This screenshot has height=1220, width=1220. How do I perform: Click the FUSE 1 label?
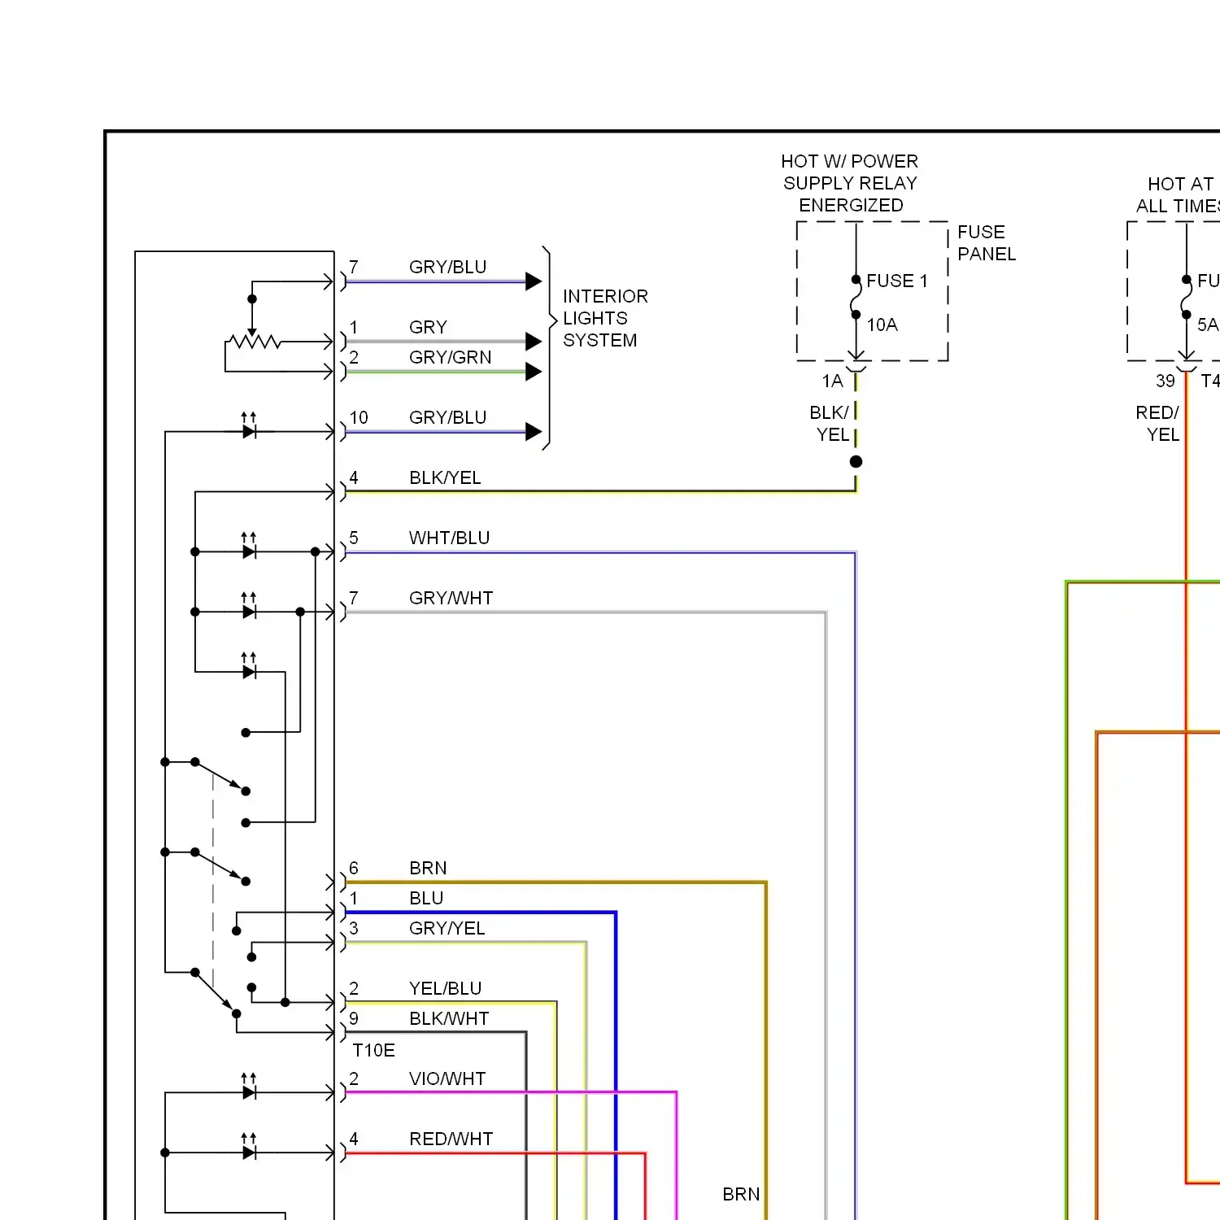(x=896, y=281)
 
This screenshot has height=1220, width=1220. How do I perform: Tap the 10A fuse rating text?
(x=882, y=325)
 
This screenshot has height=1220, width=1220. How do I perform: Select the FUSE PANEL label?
(x=987, y=243)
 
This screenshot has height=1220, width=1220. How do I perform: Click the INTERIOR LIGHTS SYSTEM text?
(x=605, y=318)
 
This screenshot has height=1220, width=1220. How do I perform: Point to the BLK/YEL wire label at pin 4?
(x=445, y=477)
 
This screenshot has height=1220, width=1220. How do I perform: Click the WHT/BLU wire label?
(x=449, y=538)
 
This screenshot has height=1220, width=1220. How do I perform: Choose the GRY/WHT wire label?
(x=451, y=598)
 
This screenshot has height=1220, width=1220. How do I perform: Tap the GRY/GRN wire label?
(x=450, y=357)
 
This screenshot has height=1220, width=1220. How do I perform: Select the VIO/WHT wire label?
(x=447, y=1078)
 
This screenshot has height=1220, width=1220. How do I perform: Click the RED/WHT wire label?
(x=451, y=1139)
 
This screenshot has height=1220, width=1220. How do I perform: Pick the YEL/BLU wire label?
(x=445, y=988)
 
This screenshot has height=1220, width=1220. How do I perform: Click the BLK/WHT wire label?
(x=449, y=1018)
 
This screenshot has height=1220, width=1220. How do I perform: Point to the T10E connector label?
(x=373, y=1050)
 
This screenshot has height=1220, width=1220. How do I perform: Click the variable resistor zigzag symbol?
(x=255, y=342)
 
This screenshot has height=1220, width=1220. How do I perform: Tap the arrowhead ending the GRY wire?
(x=534, y=342)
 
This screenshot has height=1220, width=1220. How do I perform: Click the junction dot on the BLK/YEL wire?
(x=856, y=461)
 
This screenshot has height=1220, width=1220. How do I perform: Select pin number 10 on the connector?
(x=359, y=417)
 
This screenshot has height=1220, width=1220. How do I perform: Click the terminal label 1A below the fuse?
(x=832, y=381)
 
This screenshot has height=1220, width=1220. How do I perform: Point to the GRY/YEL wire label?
(x=447, y=928)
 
